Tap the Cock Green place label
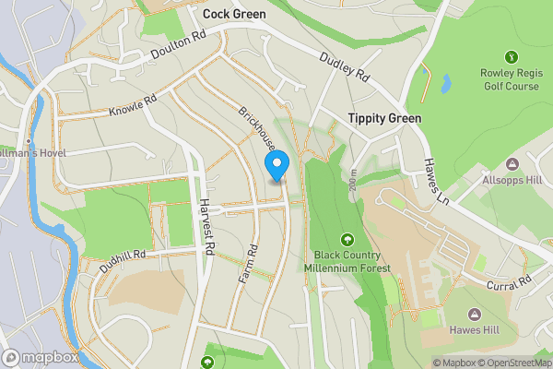click(x=234, y=14)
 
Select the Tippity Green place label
click(x=384, y=118)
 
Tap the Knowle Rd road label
click(x=134, y=103)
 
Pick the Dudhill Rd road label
click(x=123, y=260)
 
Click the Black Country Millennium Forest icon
click(x=347, y=239)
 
